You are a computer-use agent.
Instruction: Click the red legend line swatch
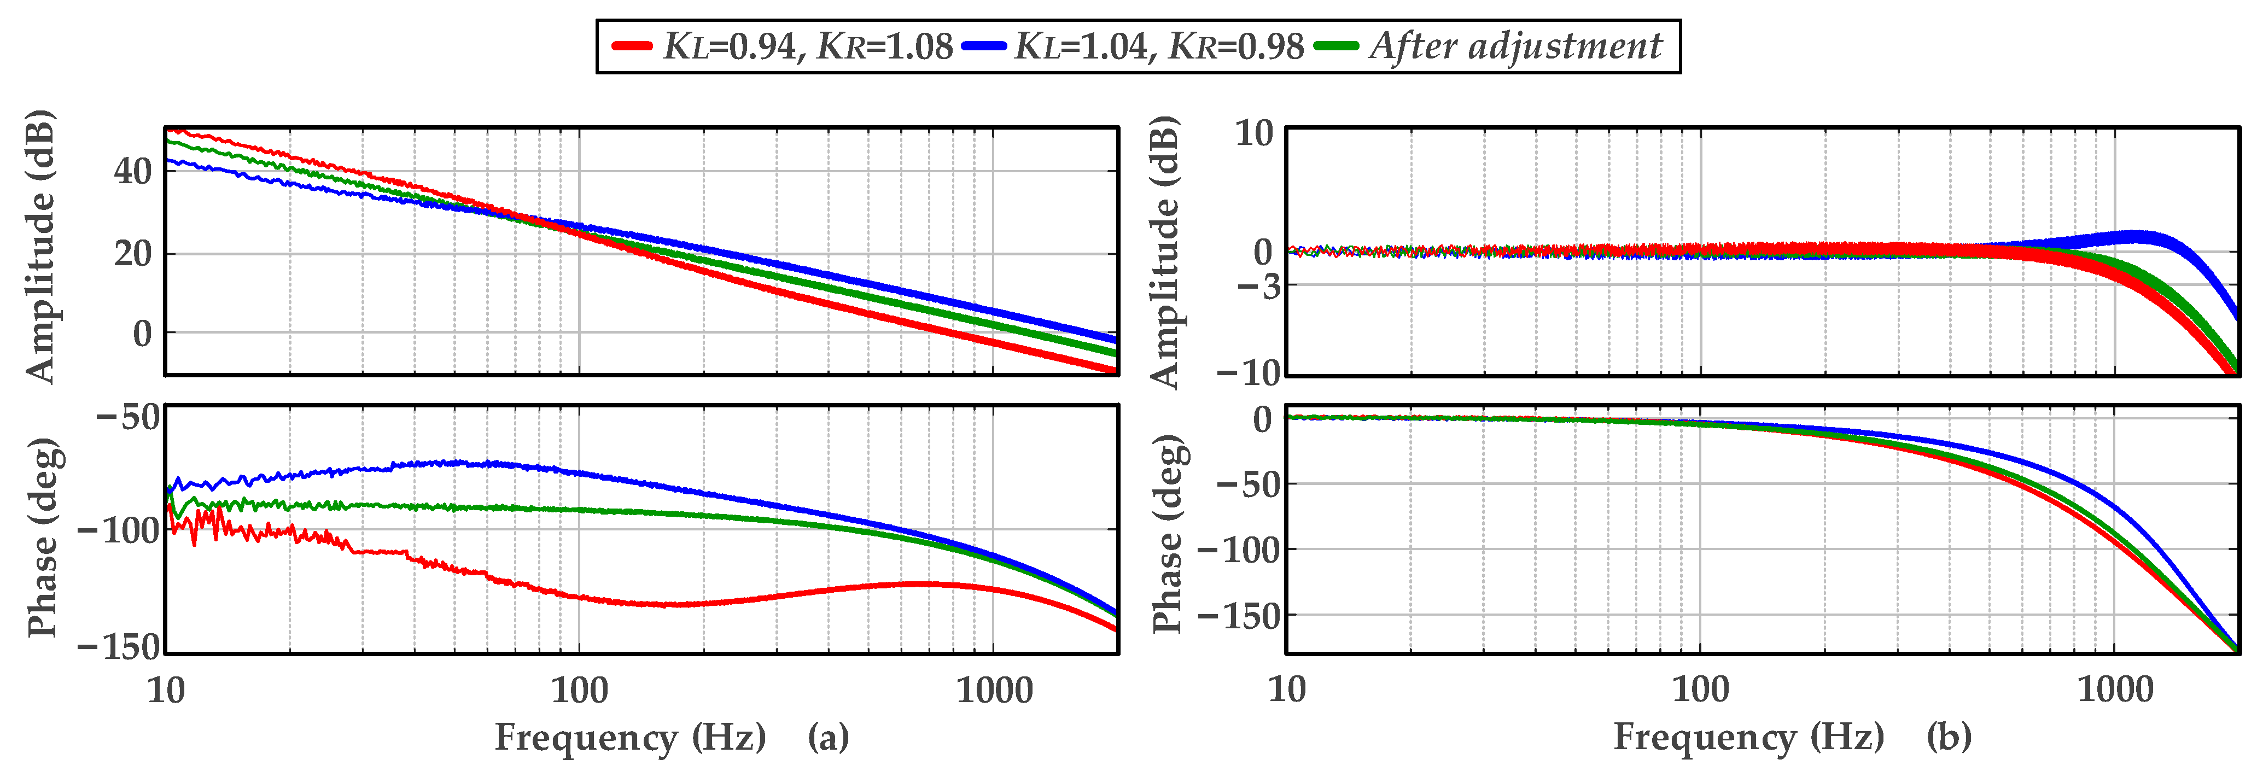tap(631, 46)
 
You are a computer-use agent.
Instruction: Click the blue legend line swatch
tap(983, 46)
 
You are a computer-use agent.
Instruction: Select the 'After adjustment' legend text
tap(1515, 46)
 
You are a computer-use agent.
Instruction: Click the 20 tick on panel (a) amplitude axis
tap(133, 254)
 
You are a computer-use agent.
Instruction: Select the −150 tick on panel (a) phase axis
tap(119, 647)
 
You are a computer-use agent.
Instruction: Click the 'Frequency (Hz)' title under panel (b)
tap(1748, 737)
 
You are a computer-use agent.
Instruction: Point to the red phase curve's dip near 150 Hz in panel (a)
tap(668, 604)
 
